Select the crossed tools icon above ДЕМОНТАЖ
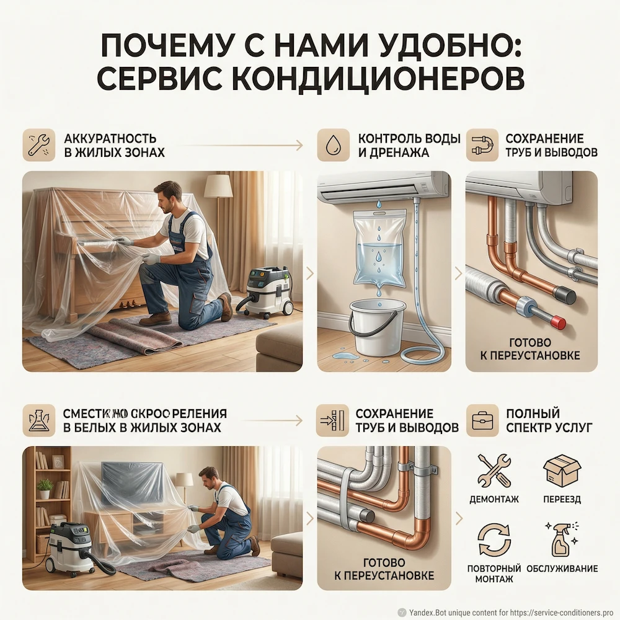pos(494,470)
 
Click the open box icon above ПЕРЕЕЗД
pos(561,470)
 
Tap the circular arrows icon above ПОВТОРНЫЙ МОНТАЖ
pos(494,539)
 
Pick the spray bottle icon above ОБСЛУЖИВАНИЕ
pos(561,539)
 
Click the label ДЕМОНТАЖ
pos(494,498)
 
